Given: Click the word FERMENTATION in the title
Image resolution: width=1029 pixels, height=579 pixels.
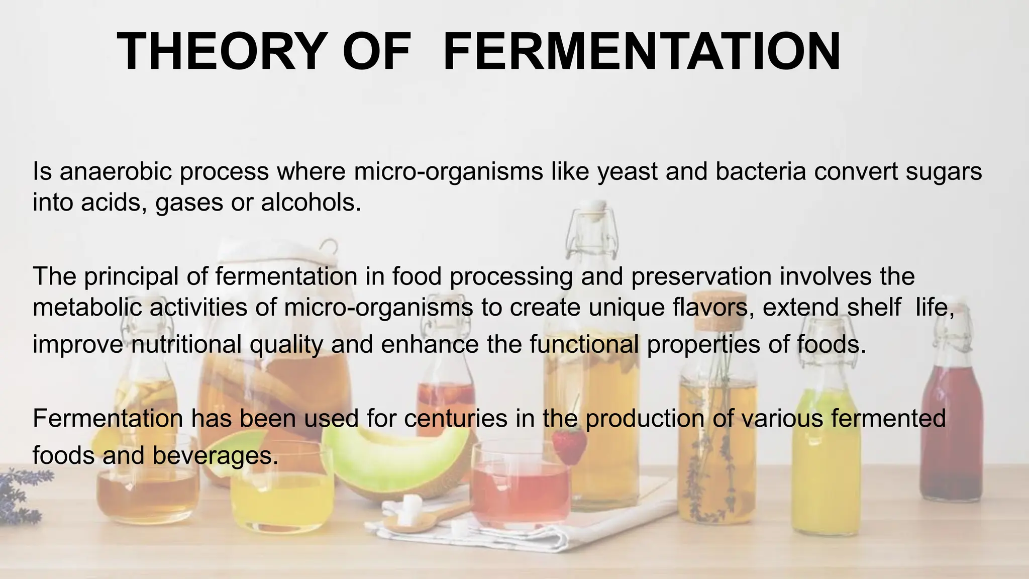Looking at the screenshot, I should pyautogui.click(x=642, y=52).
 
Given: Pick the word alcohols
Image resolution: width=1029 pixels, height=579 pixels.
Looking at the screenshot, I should pyautogui.click(x=311, y=202).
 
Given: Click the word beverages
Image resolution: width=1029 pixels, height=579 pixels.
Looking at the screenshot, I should pyautogui.click(x=215, y=456).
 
